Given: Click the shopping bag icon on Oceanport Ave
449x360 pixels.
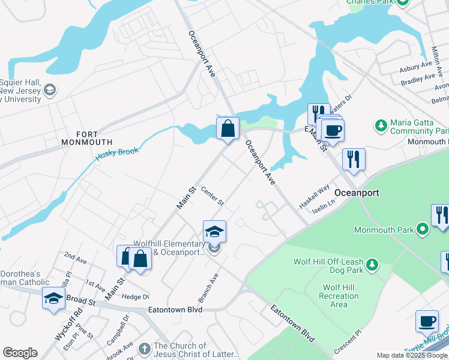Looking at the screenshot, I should [228, 128].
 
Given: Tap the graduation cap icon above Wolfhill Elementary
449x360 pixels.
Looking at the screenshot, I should [214, 232].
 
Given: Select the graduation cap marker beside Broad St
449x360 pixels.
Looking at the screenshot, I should [53, 298].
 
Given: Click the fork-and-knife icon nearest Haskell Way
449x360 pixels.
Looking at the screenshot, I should [354, 160].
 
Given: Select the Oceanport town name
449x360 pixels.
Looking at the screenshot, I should [357, 193].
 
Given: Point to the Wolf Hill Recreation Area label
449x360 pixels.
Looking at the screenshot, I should [339, 296].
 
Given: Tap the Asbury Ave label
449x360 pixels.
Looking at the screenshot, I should [416, 65].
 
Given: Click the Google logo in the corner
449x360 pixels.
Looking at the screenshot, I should [20, 353].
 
